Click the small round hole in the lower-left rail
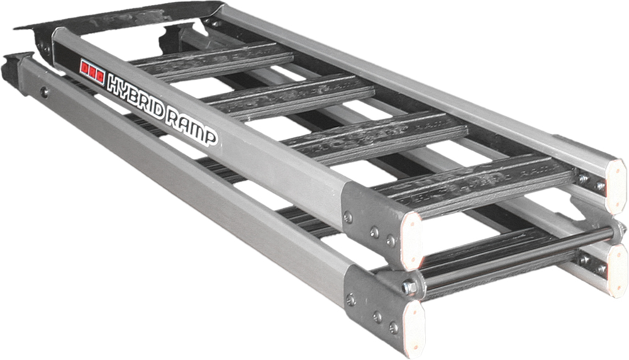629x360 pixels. [44, 93]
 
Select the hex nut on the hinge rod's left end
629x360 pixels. [410, 287]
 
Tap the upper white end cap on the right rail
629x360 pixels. [616, 183]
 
